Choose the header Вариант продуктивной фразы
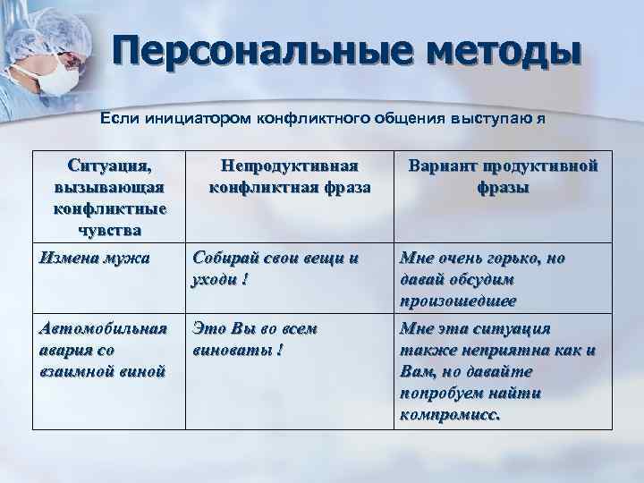(503, 177)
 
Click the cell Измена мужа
(89, 259)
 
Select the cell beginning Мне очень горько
(483, 279)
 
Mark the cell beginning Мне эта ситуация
(496, 371)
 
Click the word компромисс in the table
(451, 415)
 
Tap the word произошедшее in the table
(458, 301)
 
